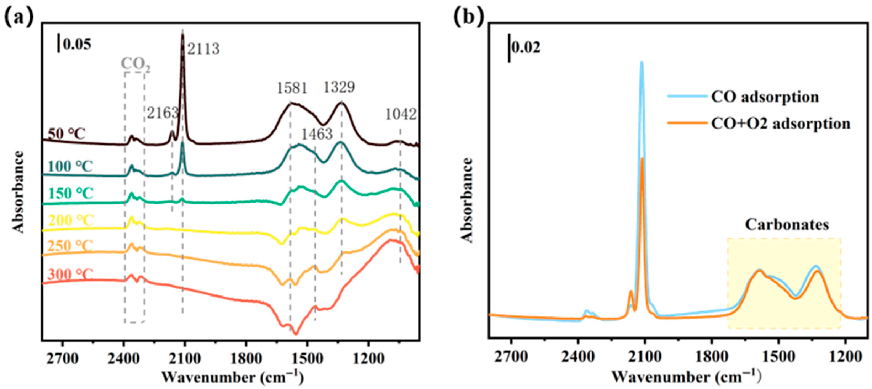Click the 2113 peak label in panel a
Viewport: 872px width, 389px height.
click(x=203, y=49)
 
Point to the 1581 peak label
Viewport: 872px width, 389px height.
click(x=292, y=89)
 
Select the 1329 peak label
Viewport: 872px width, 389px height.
click(x=339, y=87)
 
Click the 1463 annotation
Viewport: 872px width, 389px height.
click(x=317, y=135)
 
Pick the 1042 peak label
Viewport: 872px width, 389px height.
click(x=401, y=115)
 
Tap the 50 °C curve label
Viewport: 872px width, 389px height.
click(x=67, y=134)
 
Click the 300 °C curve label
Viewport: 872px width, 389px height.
click(x=70, y=274)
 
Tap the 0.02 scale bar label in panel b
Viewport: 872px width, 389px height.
click(x=526, y=48)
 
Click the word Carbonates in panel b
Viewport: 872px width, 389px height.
click(x=787, y=225)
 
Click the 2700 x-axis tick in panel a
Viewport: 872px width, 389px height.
click(x=63, y=359)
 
